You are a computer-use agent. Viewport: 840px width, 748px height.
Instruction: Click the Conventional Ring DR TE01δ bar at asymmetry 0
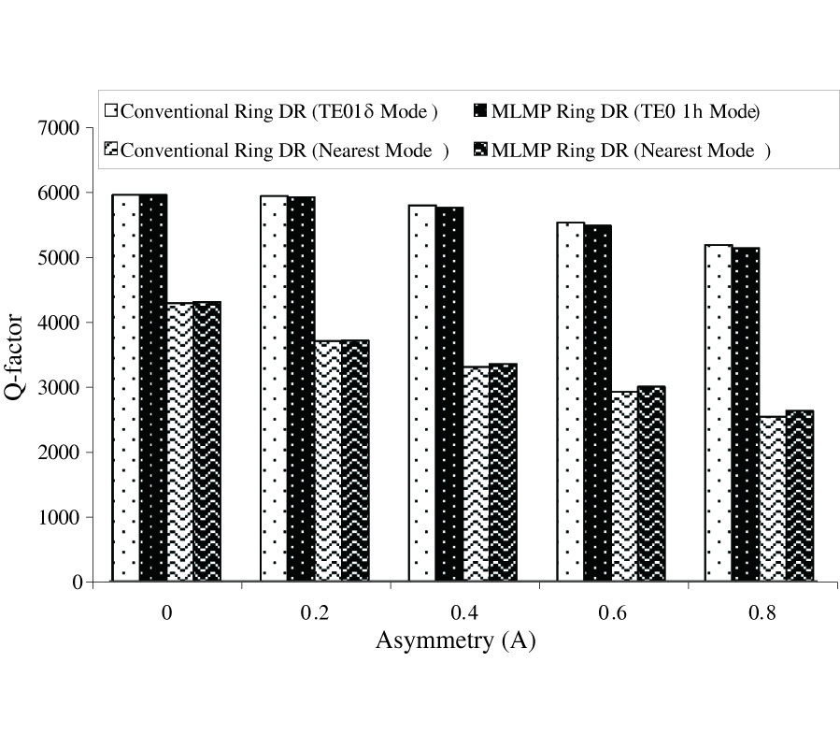(x=126, y=388)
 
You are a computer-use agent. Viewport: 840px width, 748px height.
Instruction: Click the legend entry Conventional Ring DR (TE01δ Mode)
(x=270, y=111)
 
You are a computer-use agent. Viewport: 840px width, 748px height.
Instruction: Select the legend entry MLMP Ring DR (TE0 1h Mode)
(x=618, y=111)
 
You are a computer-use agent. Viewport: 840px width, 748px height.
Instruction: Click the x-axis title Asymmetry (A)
(x=455, y=641)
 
